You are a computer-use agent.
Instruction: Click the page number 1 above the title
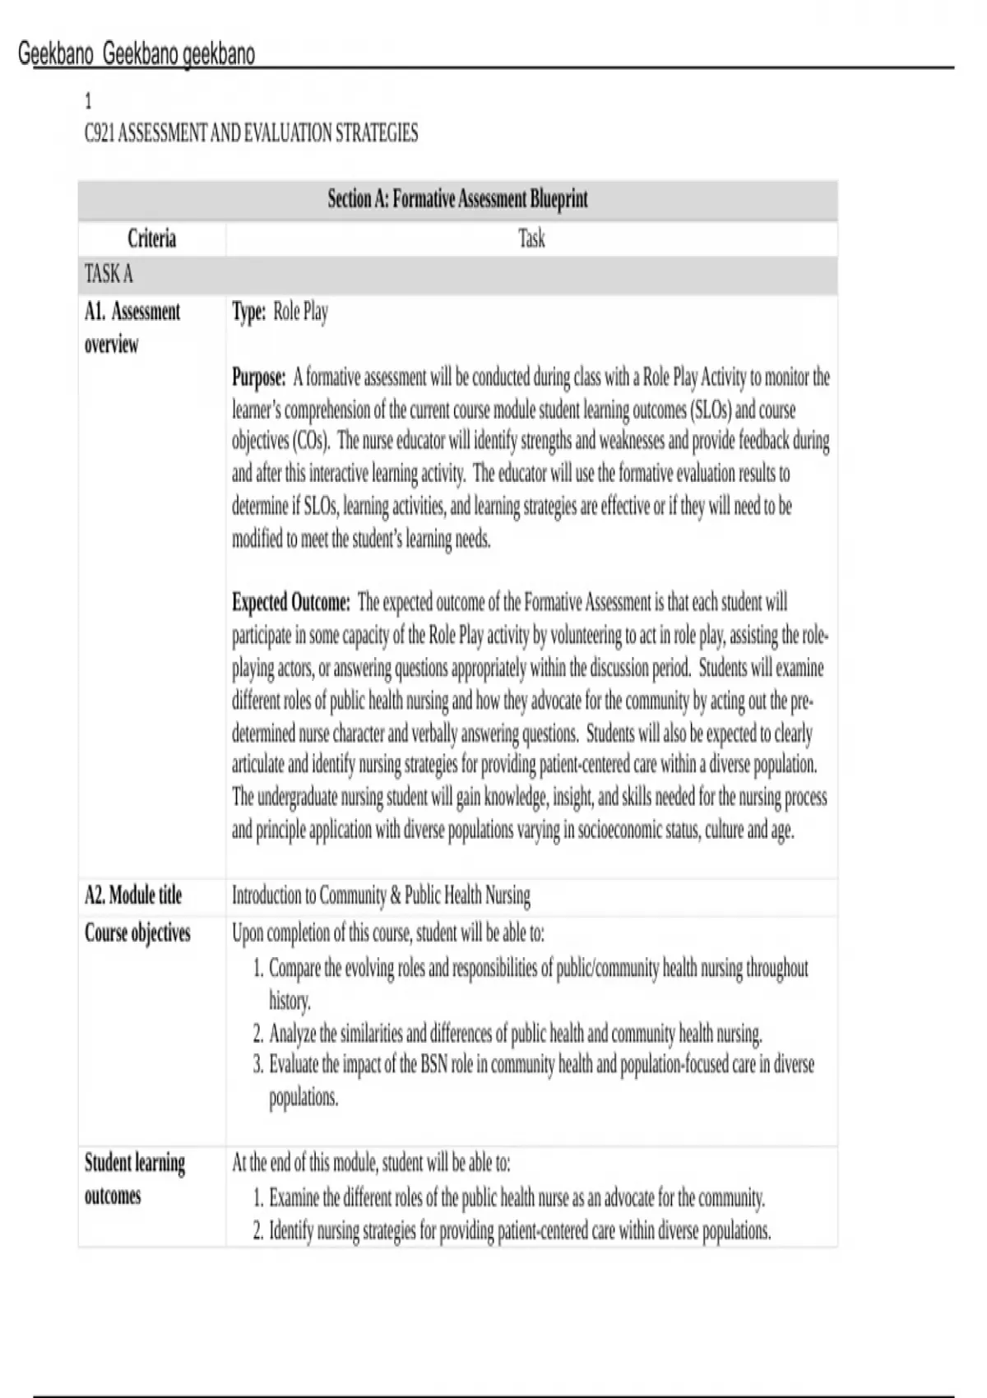tap(89, 102)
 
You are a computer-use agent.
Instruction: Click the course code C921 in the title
tap(100, 133)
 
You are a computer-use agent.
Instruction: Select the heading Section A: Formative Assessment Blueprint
tap(457, 199)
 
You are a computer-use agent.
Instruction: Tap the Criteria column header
tap(151, 239)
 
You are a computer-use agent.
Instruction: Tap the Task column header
tap(531, 239)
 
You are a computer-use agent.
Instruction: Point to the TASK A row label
tap(109, 274)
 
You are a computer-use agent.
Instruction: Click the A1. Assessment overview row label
tap(132, 327)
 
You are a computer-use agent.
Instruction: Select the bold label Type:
tap(248, 312)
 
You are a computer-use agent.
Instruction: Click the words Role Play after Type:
tap(300, 312)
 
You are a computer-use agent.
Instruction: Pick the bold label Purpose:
tap(258, 377)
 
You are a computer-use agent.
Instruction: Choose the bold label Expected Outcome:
tap(291, 603)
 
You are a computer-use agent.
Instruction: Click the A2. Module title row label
tap(133, 895)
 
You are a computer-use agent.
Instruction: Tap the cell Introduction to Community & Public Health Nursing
tap(381, 895)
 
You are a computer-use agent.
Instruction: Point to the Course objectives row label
tap(137, 933)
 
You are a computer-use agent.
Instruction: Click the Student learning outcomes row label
tap(135, 1178)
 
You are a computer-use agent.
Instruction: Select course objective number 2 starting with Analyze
tap(515, 1033)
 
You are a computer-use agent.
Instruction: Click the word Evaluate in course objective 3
tap(294, 1065)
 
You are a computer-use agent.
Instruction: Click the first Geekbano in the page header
tap(56, 55)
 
